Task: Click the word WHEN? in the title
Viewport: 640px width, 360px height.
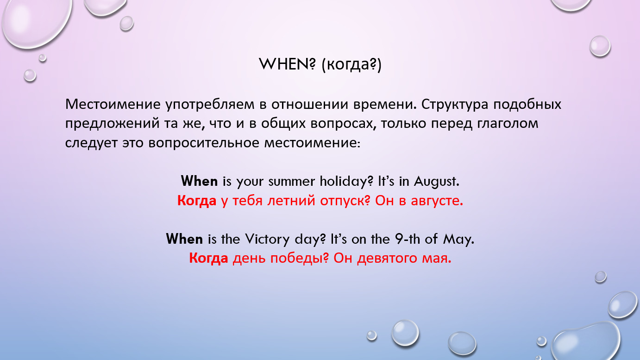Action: click(x=287, y=64)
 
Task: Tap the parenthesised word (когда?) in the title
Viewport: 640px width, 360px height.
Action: click(x=351, y=64)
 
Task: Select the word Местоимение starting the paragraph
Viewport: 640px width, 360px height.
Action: click(x=113, y=104)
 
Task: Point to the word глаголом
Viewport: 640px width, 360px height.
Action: click(x=508, y=124)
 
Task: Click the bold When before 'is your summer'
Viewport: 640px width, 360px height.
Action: click(x=199, y=181)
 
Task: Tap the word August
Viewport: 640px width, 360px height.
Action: click(x=437, y=182)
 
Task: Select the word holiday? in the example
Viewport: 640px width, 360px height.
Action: click(x=346, y=182)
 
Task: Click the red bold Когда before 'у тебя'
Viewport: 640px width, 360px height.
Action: click(x=197, y=201)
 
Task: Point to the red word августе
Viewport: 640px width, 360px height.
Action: click(x=437, y=201)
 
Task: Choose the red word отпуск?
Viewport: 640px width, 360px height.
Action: click(x=345, y=201)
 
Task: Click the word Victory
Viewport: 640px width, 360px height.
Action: click(x=267, y=239)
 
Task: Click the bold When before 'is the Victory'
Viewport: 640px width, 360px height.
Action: click(x=184, y=239)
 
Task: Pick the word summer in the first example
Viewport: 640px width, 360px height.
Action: click(x=291, y=182)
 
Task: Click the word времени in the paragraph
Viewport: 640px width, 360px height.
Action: click(x=385, y=105)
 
